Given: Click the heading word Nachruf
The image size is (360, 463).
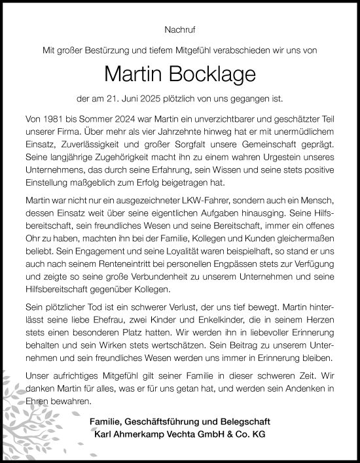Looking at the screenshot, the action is tap(179, 29).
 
